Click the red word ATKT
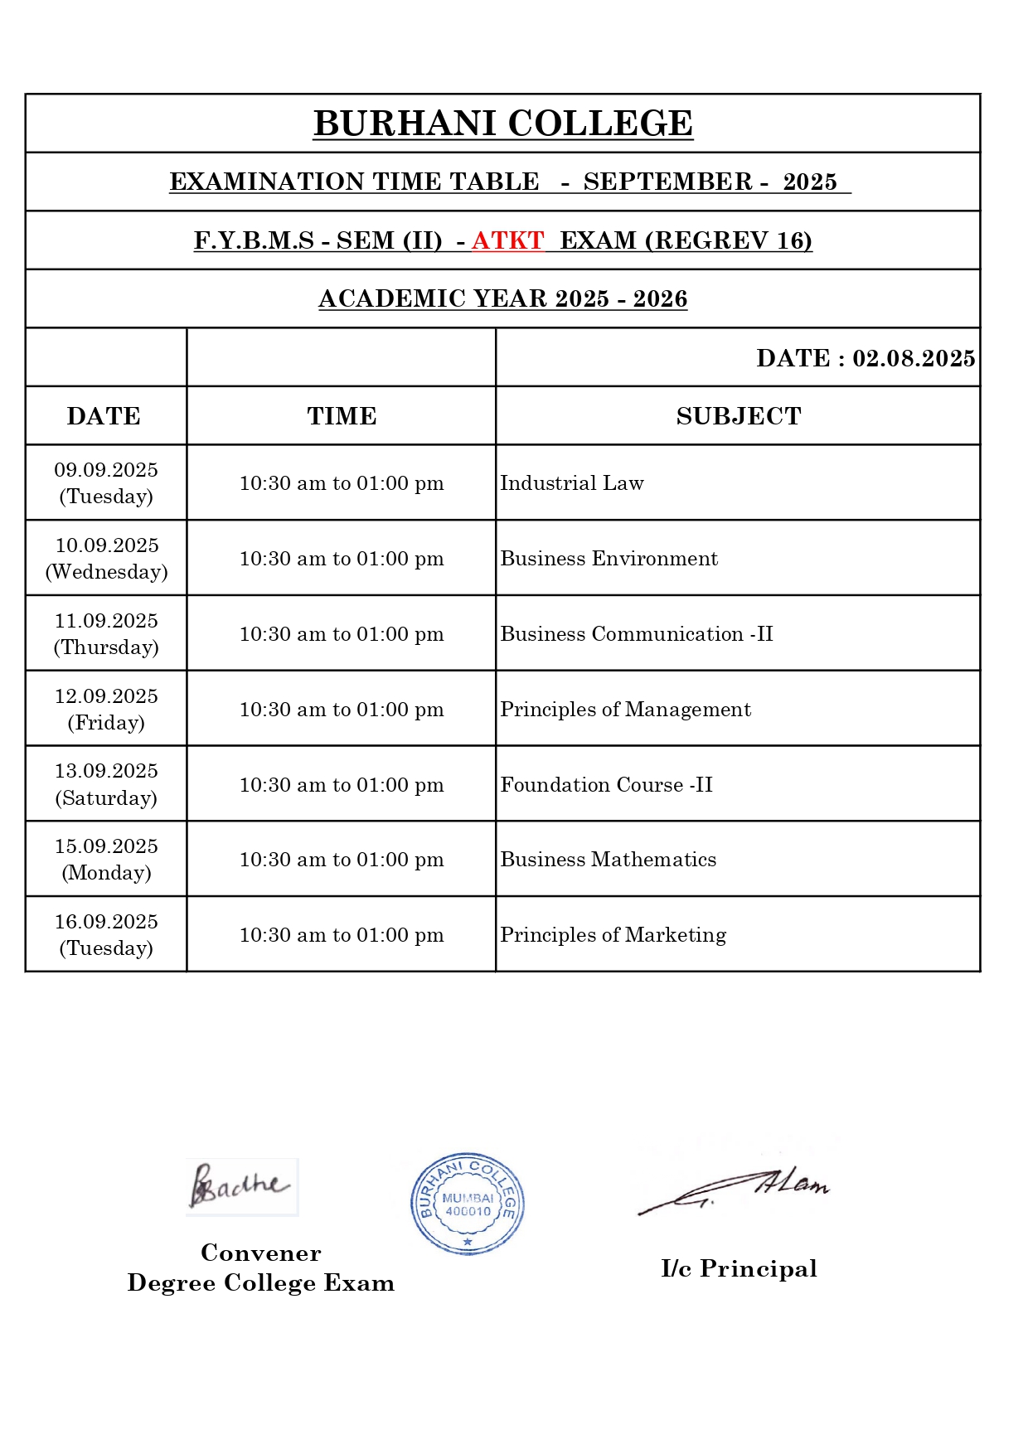tap(507, 240)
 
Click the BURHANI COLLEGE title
tap(502, 124)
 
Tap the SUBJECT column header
tap(738, 416)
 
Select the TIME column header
tap(342, 416)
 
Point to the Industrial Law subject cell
tap(572, 483)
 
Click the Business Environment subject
tap(609, 559)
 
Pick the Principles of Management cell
tap(625, 710)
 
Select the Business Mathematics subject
tap(608, 860)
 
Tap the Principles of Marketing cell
tap(613, 935)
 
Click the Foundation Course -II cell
tap(606, 785)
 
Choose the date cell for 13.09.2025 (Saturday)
tap(106, 784)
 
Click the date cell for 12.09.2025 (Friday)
tap(106, 709)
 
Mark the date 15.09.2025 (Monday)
tap(106, 860)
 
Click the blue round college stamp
tap(468, 1204)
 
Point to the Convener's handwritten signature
tap(240, 1186)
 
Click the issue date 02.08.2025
tap(913, 358)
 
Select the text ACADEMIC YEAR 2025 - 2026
tap(502, 298)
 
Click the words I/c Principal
tap(739, 1268)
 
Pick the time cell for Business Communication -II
tap(342, 634)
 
